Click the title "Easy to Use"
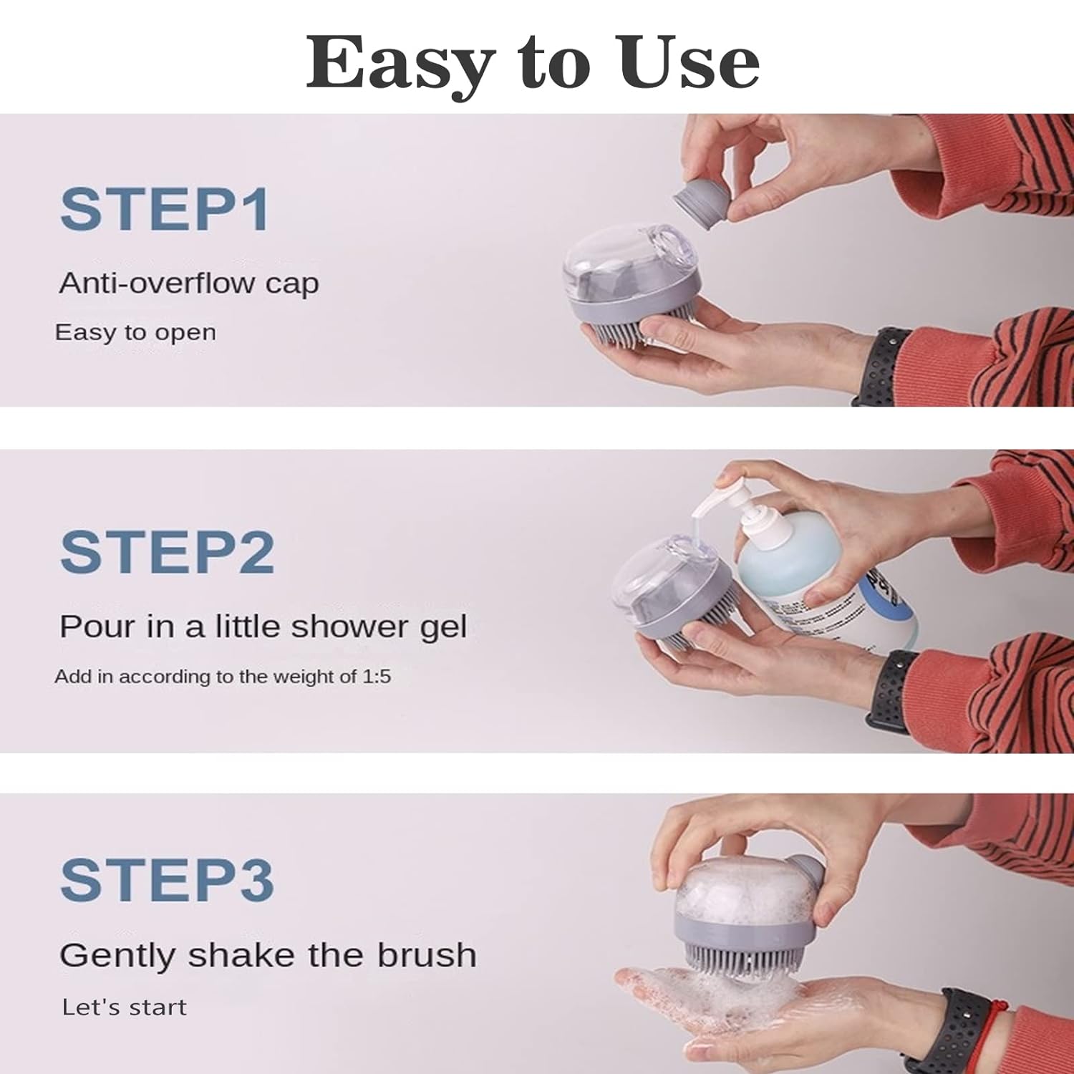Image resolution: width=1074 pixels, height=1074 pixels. [x=533, y=62]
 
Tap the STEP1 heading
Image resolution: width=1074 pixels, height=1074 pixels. [x=165, y=209]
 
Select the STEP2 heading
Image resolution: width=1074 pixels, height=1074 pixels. [x=167, y=552]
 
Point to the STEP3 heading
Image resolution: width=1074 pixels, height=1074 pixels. [x=168, y=880]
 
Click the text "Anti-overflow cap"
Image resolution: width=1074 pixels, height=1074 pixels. [x=189, y=284]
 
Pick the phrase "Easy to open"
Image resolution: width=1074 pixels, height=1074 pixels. [x=135, y=333]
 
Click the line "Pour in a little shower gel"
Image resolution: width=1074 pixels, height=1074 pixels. [x=263, y=627]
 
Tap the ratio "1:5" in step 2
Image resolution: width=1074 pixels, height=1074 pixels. [x=376, y=677]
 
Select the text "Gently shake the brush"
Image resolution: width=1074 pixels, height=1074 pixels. [x=268, y=956]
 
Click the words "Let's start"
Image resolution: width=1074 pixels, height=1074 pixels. [x=124, y=1007]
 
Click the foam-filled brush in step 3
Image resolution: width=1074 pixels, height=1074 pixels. [x=745, y=909]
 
